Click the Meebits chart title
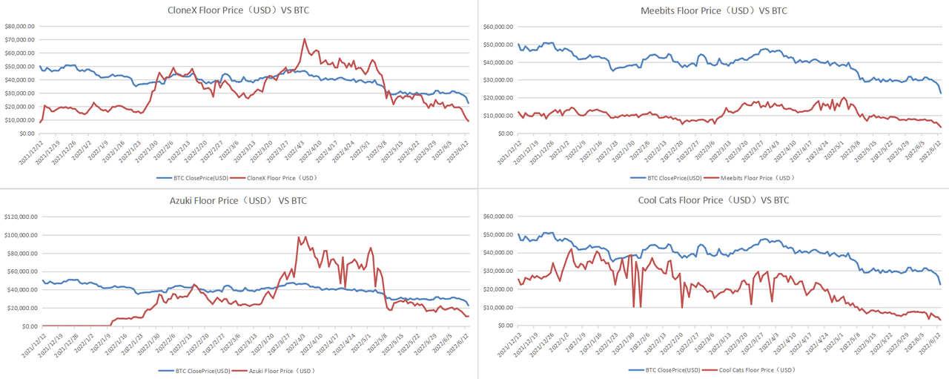coord(713,10)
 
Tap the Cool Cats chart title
coord(713,200)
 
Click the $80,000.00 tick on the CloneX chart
coord(22,26)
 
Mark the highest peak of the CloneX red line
coord(305,39)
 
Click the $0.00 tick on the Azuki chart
coord(30,326)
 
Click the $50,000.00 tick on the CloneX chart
coord(22,66)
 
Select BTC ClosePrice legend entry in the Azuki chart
coord(195,370)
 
